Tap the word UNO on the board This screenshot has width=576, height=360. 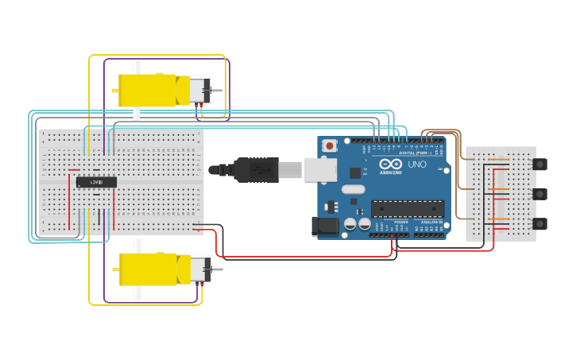pyautogui.click(x=417, y=165)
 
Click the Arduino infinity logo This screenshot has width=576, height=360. pyautogui.click(x=396, y=164)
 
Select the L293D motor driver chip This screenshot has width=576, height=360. pyautogui.click(x=96, y=182)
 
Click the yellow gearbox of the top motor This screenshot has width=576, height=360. pyautogui.click(x=147, y=90)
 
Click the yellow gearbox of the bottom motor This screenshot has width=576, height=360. pyautogui.click(x=148, y=269)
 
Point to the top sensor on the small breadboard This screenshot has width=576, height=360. pyautogui.click(x=539, y=165)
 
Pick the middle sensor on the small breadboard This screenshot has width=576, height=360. pyautogui.click(x=539, y=194)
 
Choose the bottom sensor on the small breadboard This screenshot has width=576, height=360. pyautogui.click(x=539, y=224)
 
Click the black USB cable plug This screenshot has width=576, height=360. pyautogui.click(x=253, y=169)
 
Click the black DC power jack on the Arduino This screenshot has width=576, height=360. pyautogui.click(x=326, y=226)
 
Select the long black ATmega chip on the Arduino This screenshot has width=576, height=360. pyautogui.click(x=407, y=209)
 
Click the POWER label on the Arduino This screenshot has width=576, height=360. pyautogui.click(x=400, y=222)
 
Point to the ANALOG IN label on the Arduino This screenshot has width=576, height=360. pyautogui.click(x=431, y=222)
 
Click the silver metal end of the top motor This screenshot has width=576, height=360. pyautogui.click(x=199, y=90)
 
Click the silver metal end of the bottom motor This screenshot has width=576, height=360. pyautogui.click(x=199, y=269)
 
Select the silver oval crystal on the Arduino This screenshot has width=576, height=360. pyautogui.click(x=354, y=190)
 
